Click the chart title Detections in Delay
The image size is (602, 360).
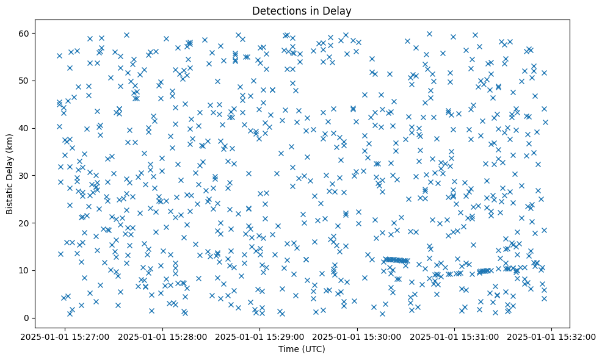click(302, 10)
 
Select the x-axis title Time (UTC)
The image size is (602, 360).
click(302, 349)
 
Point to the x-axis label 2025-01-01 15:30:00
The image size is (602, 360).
click(358, 336)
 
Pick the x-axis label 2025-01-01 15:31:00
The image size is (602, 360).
click(455, 336)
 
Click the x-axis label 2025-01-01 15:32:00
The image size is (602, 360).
click(551, 336)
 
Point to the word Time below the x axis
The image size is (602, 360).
click(288, 349)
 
